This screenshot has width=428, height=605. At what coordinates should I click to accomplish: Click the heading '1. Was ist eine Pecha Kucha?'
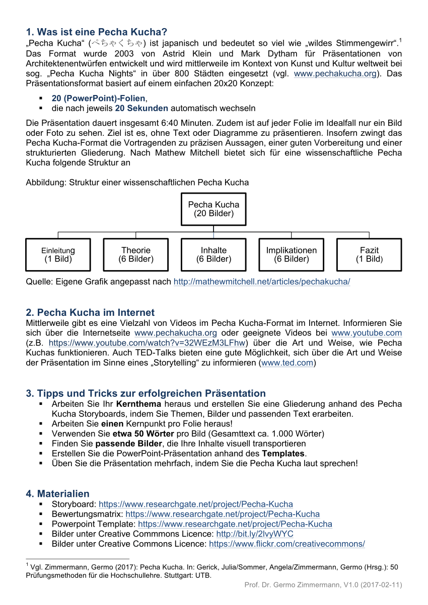point(96,32)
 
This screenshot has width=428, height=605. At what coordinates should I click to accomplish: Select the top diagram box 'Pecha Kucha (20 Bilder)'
point(213,209)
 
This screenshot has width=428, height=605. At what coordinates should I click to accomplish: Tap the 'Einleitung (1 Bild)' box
point(58,254)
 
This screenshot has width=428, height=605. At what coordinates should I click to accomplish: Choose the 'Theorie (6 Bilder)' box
point(136,254)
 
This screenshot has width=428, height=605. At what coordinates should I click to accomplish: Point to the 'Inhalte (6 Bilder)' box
point(213,254)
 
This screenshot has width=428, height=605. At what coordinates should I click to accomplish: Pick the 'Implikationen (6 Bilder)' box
point(292,254)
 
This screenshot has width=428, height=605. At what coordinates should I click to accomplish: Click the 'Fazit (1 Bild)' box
point(369,254)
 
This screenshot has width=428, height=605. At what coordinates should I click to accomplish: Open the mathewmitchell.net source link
point(261,282)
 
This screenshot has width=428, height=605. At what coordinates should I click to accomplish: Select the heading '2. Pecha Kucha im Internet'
point(90,312)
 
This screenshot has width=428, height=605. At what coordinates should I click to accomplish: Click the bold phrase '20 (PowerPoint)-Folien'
point(98,98)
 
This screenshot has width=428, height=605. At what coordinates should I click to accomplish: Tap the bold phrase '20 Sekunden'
point(141,108)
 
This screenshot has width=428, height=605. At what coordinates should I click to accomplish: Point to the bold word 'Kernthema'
point(138,404)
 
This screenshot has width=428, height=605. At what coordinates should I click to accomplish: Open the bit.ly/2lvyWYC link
point(254,534)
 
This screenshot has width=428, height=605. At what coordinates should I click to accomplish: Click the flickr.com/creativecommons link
point(287,544)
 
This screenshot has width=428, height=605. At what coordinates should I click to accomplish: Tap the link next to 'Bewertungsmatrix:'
point(222,514)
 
